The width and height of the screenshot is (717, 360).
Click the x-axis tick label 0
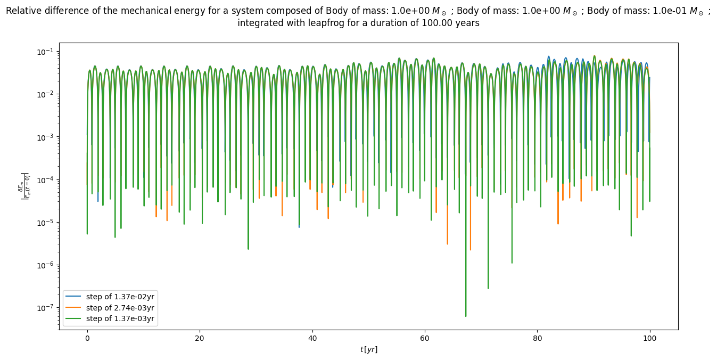click(87, 338)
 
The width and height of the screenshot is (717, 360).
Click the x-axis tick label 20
click(200, 338)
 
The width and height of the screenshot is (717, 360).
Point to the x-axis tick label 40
click(312, 338)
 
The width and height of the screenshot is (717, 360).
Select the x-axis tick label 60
click(425, 338)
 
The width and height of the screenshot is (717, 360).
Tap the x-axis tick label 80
click(537, 338)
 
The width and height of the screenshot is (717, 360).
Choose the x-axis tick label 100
click(649, 338)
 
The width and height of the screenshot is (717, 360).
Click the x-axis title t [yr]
click(368, 349)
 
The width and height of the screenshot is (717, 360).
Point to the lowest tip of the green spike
click(466, 316)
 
